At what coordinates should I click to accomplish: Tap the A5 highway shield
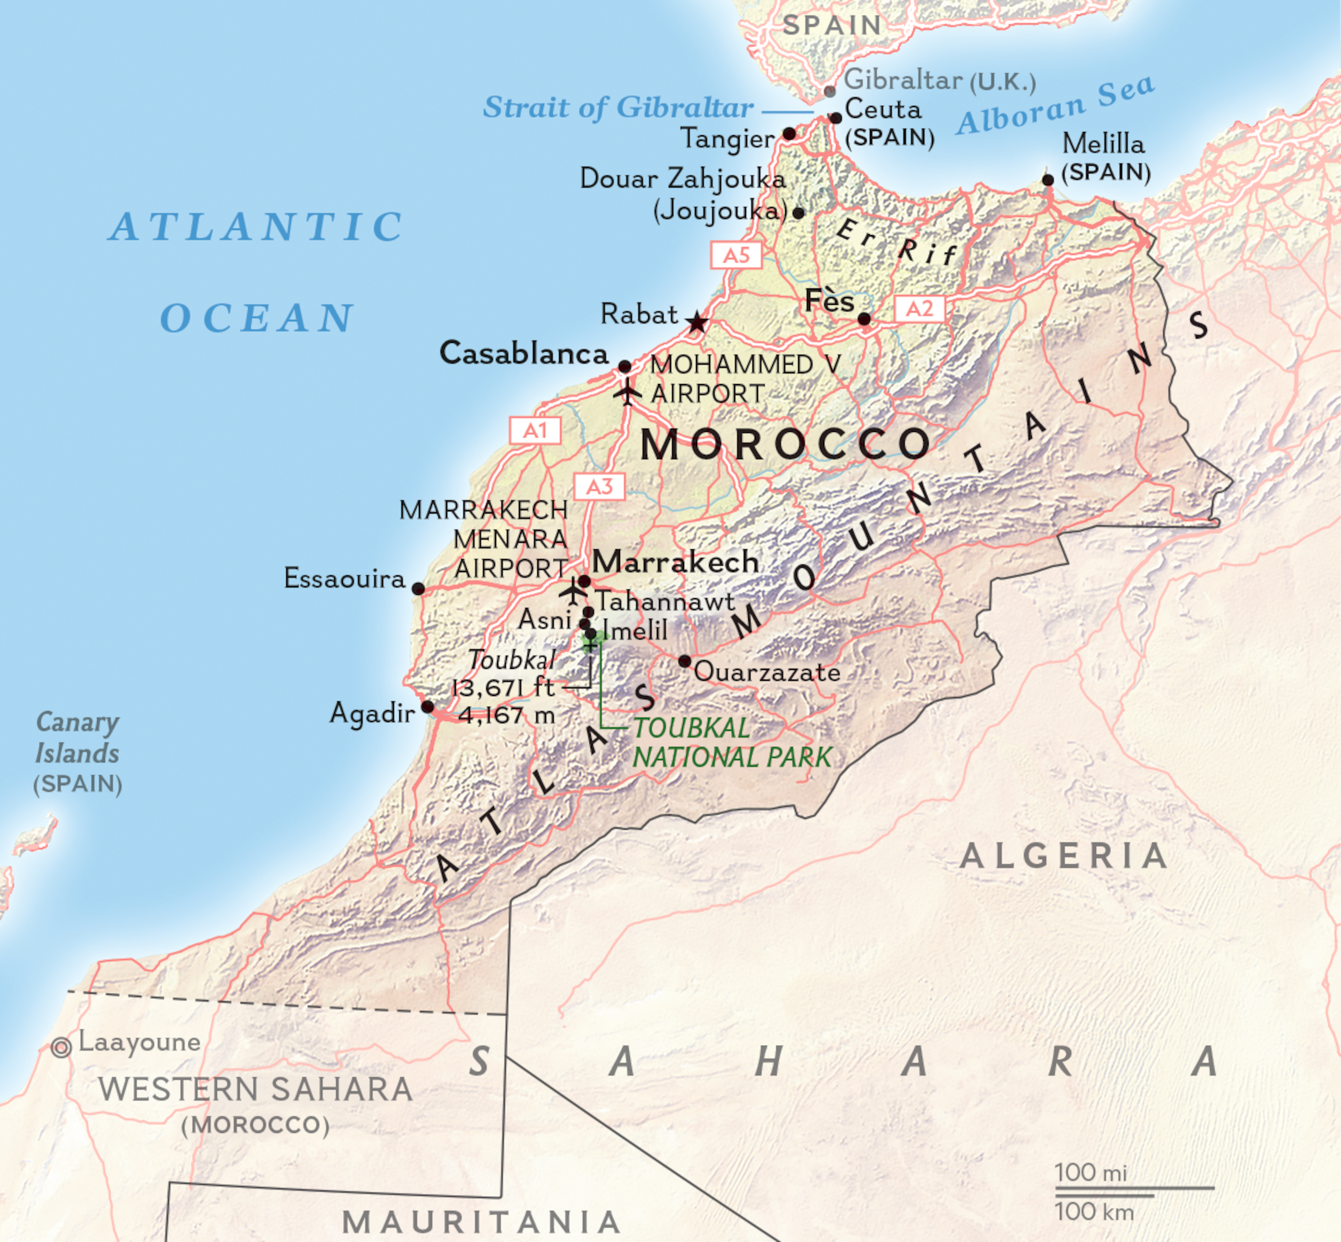click(736, 255)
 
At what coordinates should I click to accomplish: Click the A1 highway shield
click(535, 430)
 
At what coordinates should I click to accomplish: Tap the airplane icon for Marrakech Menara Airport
click(573, 592)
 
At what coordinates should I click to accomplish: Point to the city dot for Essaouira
click(418, 589)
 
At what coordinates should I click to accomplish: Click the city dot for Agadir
click(427, 706)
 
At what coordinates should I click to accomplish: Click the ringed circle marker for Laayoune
click(61, 1047)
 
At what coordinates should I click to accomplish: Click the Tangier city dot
click(790, 134)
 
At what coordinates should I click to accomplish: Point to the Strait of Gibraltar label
click(619, 107)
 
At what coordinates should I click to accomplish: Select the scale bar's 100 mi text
click(1090, 1172)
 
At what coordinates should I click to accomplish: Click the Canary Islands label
click(77, 738)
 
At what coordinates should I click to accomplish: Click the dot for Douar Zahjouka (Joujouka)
click(798, 213)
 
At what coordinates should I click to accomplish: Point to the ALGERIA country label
click(1064, 856)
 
